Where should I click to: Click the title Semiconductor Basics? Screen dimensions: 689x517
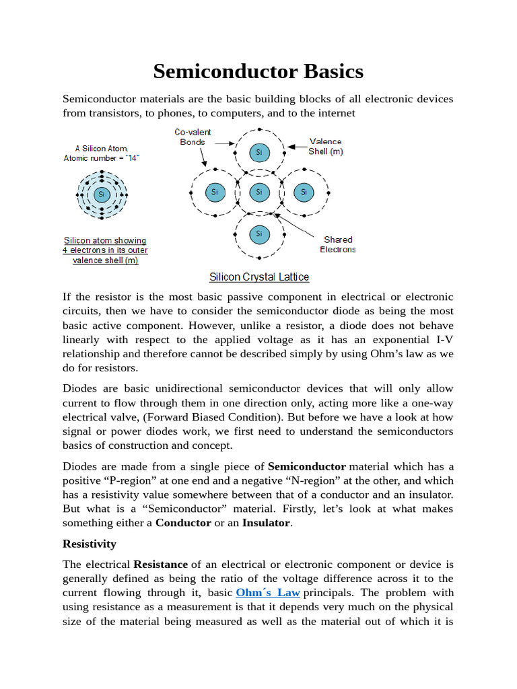[258, 71]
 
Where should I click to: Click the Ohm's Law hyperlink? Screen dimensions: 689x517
[268, 593]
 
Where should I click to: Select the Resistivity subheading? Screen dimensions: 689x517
[90, 544]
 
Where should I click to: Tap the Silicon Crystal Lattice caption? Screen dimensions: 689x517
[259, 277]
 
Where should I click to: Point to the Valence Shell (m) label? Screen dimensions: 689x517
[325, 146]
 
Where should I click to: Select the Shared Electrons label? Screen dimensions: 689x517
[338, 244]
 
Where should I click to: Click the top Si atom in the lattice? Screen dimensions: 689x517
[259, 153]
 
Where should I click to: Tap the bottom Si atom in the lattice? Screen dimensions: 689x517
[259, 233]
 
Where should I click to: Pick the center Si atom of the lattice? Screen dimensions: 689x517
[259, 192]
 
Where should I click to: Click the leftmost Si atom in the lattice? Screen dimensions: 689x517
[214, 192]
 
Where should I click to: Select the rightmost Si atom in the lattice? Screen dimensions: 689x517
[304, 192]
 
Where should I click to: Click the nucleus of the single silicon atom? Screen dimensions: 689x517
[102, 194]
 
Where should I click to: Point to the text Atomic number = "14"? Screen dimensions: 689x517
[102, 158]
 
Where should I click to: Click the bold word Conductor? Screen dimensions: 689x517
[183, 523]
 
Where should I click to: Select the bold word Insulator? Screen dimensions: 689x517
[267, 523]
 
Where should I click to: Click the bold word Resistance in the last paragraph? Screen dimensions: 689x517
[160, 564]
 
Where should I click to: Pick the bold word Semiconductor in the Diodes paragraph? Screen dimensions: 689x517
[306, 466]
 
